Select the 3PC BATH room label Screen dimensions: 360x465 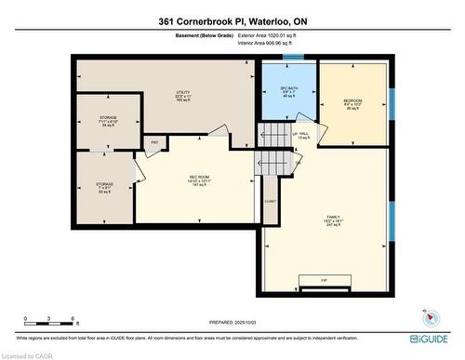[x=288, y=93]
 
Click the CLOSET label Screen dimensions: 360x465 [x=270, y=200]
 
